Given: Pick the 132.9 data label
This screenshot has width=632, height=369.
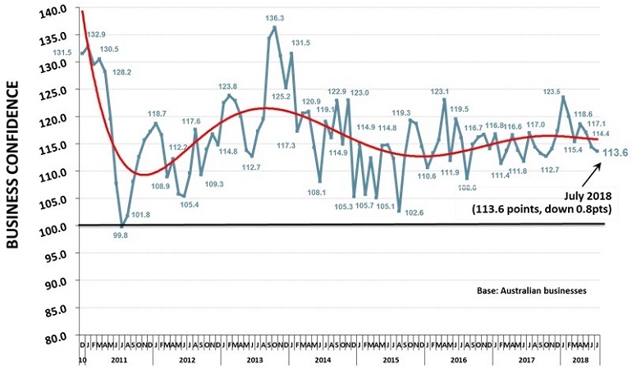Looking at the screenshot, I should tap(95, 34).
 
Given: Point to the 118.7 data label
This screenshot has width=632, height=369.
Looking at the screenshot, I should tap(157, 114).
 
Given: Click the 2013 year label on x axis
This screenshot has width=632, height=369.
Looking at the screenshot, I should tap(255, 359).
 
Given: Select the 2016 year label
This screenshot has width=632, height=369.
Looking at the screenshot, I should tap(458, 359).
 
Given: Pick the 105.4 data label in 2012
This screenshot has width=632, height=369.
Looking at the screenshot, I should tap(189, 204).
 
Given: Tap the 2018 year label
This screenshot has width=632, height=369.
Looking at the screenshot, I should tap(579, 359).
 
